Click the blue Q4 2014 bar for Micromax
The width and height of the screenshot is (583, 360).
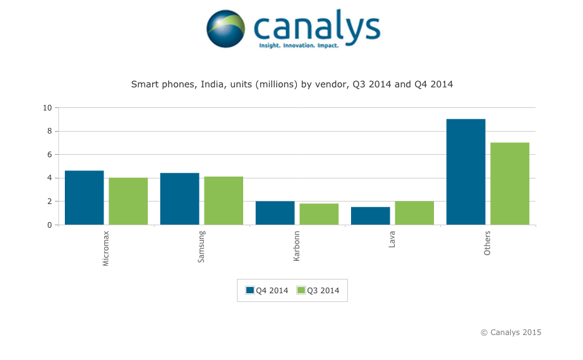pos(84,198)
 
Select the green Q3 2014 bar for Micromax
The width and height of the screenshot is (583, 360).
pos(128,201)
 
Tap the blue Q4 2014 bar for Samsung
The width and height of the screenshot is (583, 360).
pos(180,199)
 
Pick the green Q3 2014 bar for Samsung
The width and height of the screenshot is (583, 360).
pos(223,200)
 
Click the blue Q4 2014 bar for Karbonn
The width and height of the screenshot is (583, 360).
pos(275,213)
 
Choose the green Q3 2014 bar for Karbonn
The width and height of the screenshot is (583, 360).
pos(319,214)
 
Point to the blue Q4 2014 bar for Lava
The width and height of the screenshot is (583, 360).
pos(370,216)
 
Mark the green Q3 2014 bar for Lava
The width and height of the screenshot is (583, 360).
pos(414,213)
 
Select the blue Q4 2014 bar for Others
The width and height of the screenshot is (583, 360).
pos(466,172)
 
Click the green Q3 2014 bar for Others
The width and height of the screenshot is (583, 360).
pos(509,183)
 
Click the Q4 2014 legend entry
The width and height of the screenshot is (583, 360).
pos(267,290)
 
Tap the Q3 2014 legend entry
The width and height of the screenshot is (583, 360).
pos(318,290)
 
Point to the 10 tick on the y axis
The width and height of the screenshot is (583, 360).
pos(47,107)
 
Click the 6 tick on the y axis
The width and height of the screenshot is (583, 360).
pos(49,154)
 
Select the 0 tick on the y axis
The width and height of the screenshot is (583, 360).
pos(49,225)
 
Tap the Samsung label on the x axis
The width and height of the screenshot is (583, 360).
pos(201,246)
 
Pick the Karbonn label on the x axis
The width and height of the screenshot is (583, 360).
pos(297,246)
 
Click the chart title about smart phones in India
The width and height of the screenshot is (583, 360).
pos(292,84)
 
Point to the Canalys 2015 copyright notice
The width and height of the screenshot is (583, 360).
pos(511,333)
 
